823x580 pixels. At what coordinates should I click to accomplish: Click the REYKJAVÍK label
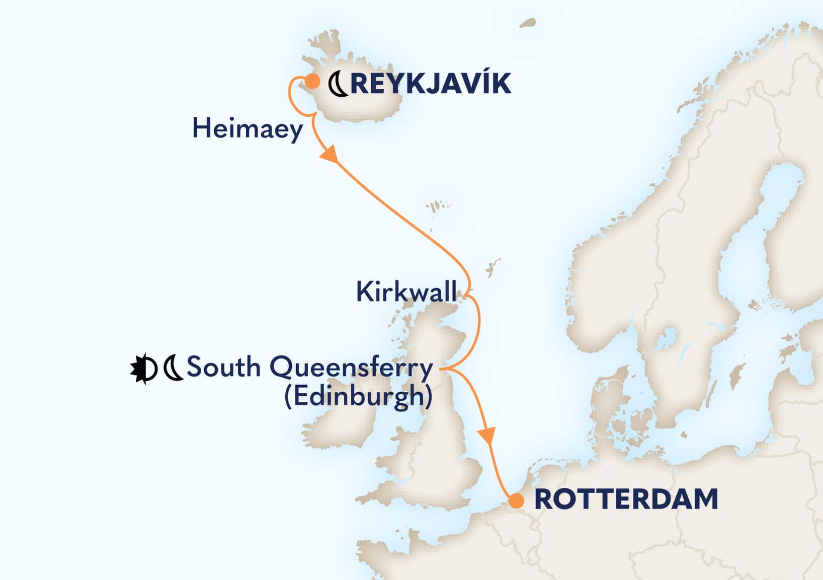[431, 84]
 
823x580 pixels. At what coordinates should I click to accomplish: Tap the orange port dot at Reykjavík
[312, 81]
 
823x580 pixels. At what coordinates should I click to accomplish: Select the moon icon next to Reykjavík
[338, 84]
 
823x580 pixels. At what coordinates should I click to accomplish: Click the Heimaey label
[248, 129]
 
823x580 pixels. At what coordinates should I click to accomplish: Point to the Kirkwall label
[406, 292]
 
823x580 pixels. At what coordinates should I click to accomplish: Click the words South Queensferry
[310, 368]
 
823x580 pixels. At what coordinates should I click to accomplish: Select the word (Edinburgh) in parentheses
[359, 396]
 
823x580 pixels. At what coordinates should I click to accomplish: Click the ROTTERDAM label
[626, 499]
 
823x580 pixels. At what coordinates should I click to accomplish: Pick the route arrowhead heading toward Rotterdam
[488, 435]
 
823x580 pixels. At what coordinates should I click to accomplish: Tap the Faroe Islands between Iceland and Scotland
[433, 208]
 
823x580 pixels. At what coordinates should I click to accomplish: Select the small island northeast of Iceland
[527, 23]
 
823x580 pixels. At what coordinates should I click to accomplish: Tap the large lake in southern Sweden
[669, 337]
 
